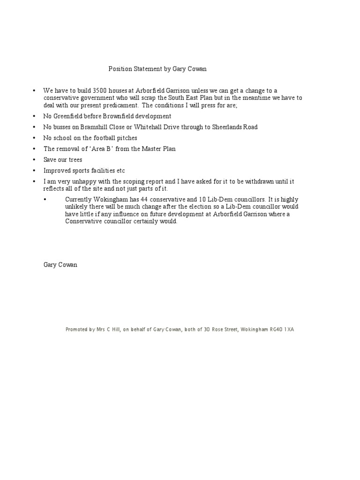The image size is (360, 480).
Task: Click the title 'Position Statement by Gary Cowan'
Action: [x=157, y=68]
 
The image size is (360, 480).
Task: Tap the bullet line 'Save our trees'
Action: [x=63, y=160]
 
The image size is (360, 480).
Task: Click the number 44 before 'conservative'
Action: [x=144, y=199]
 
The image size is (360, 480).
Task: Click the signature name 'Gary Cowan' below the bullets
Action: [x=60, y=264]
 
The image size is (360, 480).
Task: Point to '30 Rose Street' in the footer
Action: [x=220, y=330]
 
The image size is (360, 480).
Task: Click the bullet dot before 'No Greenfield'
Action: [x=34, y=116]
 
